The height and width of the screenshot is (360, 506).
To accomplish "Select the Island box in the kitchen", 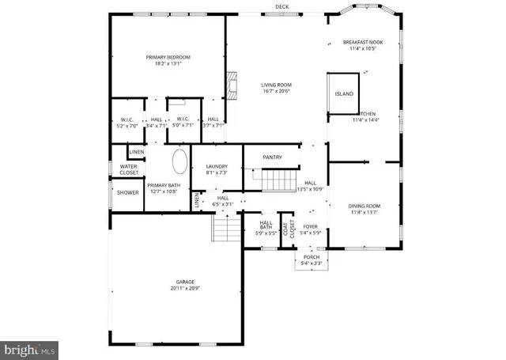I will (x=344, y=93).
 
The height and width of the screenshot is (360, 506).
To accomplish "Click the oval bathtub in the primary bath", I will (x=180, y=164).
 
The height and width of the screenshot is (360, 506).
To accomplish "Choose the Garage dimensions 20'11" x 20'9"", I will (x=185, y=289).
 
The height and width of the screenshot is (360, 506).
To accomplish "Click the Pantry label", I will (x=273, y=157).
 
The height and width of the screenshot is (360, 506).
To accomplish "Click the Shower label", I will (x=128, y=192).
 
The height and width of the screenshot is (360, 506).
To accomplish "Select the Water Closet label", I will (x=128, y=169).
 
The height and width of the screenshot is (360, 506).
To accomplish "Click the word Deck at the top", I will (x=281, y=6).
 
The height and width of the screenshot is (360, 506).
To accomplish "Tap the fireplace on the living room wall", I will (x=232, y=84).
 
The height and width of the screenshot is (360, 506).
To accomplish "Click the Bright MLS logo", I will (x=30, y=347).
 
